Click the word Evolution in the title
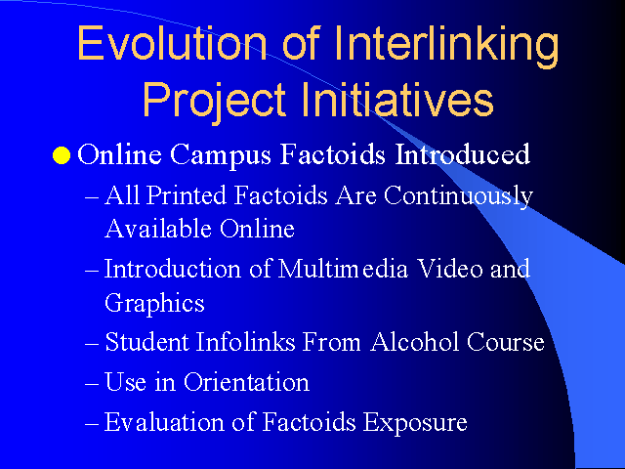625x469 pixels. (172, 43)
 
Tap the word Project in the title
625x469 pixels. (214, 100)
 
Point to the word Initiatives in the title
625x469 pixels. (397, 98)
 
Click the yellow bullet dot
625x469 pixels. (62, 155)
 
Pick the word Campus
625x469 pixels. (221, 155)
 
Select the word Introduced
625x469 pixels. (462, 154)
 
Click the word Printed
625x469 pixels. (187, 195)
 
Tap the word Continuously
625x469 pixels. (458, 197)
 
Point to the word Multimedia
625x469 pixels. (343, 269)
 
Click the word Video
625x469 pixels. (450, 269)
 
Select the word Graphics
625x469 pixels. (154, 304)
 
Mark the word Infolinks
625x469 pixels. (245, 342)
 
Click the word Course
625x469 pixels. (506, 342)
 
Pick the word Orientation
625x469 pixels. (246, 382)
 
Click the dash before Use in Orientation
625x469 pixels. (92, 384)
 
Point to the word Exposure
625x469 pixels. (415, 423)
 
